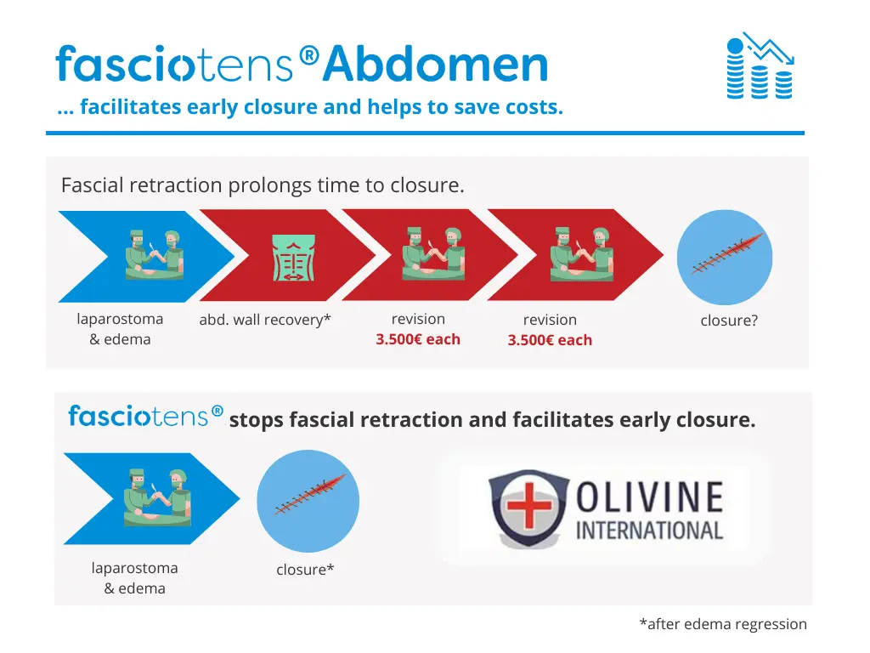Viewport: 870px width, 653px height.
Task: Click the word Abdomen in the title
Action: coord(436,64)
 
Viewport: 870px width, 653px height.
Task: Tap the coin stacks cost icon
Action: coord(760,66)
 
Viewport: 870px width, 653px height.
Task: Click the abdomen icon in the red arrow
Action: coord(293,257)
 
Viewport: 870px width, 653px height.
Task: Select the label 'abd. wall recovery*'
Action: coord(265,320)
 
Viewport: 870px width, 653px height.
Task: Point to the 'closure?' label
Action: coord(728,321)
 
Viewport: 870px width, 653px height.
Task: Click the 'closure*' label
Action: coord(305,570)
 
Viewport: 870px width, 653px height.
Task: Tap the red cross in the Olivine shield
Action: coord(528,505)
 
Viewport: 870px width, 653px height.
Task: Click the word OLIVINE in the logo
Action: coord(649,497)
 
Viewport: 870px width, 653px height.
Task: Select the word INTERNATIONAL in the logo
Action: coord(649,531)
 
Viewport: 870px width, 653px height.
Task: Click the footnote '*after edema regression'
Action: coord(723,624)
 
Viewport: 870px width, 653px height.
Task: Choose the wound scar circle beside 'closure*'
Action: coord(308,501)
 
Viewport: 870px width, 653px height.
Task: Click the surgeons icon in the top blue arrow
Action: coord(154,254)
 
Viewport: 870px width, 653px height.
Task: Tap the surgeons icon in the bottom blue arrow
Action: coord(157,497)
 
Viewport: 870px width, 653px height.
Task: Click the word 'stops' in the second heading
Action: coord(256,420)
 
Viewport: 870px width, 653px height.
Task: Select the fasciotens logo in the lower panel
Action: coord(145,416)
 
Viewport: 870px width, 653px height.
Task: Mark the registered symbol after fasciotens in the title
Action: coord(309,55)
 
